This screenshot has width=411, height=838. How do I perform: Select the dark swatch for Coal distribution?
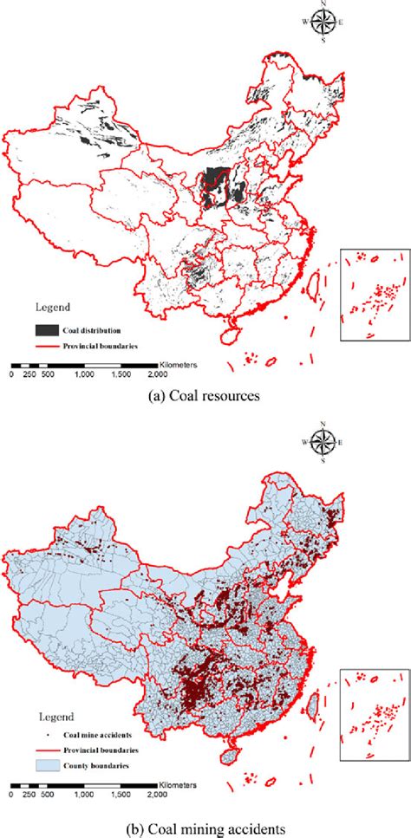[x=46, y=329]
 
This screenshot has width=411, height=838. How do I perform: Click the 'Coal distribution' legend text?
[x=91, y=329]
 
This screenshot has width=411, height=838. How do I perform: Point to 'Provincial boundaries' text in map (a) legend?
[x=99, y=346]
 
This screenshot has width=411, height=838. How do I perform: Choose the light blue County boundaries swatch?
[x=46, y=765]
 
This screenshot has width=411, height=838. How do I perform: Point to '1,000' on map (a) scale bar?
[x=84, y=374]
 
